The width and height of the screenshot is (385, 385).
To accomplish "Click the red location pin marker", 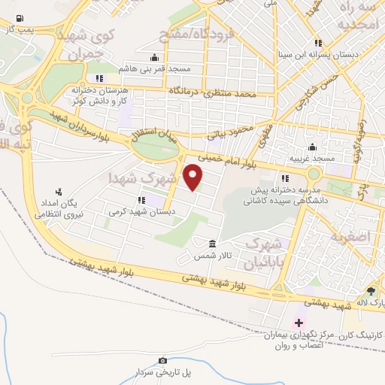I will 193,177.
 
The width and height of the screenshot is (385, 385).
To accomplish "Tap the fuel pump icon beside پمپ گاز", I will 19,19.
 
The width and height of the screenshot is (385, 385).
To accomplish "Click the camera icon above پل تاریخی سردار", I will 162,361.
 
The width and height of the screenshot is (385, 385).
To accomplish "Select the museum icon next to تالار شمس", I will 212,244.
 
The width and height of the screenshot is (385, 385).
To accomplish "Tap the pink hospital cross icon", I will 299,322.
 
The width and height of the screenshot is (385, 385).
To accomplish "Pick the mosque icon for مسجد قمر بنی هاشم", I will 154,58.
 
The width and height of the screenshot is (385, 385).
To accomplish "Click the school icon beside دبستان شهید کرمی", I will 141,200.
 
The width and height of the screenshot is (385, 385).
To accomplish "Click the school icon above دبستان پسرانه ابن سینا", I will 319,43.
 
